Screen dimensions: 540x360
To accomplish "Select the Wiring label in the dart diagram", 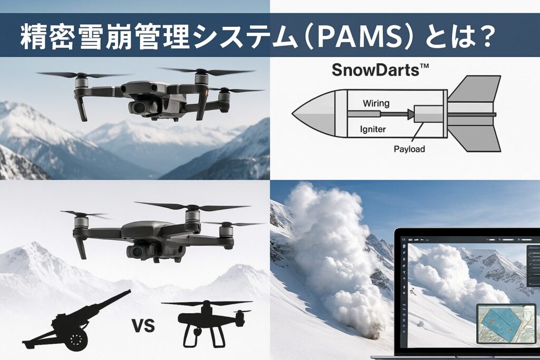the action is coord(376,103).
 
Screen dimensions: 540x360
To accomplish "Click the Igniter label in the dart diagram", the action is coord(373,130).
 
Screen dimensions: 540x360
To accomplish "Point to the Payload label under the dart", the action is coord(409,149).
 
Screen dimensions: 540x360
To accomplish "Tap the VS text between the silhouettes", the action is coord(143,325).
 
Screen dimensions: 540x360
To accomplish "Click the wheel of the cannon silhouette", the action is coord(76,339).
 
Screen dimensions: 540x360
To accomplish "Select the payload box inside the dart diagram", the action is coord(428,113).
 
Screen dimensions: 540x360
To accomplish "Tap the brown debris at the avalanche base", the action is coord(371,333).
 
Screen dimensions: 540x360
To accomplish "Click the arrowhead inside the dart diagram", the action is coord(410,114).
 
